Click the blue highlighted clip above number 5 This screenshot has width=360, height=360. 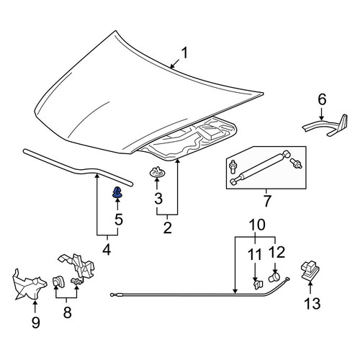click(117, 192)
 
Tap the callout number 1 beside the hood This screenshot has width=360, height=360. click(184, 53)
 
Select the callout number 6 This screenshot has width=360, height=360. click(322, 99)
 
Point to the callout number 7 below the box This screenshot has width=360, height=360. click(267, 201)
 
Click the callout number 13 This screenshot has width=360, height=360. click(312, 303)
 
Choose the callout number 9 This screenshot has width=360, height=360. click(35, 323)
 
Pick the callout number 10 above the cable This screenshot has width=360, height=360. click(257, 225)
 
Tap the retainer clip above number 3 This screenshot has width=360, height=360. click(157, 172)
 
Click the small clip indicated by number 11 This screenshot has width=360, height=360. click(258, 284)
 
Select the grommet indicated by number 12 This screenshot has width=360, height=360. click(274, 277)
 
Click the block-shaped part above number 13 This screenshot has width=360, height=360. click(310, 271)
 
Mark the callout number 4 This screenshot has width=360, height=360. click(107, 250)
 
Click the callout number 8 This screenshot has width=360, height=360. click(67, 312)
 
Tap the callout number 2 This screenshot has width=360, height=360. click(167, 228)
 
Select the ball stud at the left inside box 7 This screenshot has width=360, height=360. click(233, 166)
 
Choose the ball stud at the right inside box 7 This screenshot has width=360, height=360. click(296, 163)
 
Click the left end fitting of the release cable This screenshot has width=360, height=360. click(112, 294)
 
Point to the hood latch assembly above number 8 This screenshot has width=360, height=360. click(77, 266)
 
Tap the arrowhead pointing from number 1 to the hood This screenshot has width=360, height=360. click(172, 66)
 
